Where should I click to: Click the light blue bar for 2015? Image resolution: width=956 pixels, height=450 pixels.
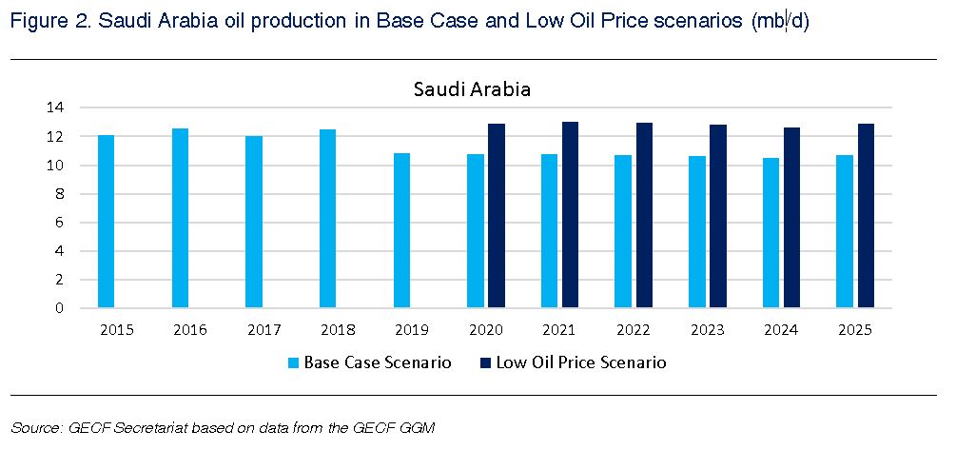(106, 222)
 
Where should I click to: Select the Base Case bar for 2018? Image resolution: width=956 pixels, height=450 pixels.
(327, 219)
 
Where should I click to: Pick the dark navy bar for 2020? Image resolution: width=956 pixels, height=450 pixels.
(497, 216)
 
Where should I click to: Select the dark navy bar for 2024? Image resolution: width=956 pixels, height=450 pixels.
(791, 218)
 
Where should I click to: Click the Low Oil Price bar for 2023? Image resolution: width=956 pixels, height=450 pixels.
(718, 217)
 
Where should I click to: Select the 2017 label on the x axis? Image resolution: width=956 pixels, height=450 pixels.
(263, 329)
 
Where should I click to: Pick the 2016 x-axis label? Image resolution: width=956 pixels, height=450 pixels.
(190, 329)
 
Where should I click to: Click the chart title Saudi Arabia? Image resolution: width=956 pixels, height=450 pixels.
(472, 89)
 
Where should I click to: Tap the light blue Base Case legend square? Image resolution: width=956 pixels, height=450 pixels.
(293, 362)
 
